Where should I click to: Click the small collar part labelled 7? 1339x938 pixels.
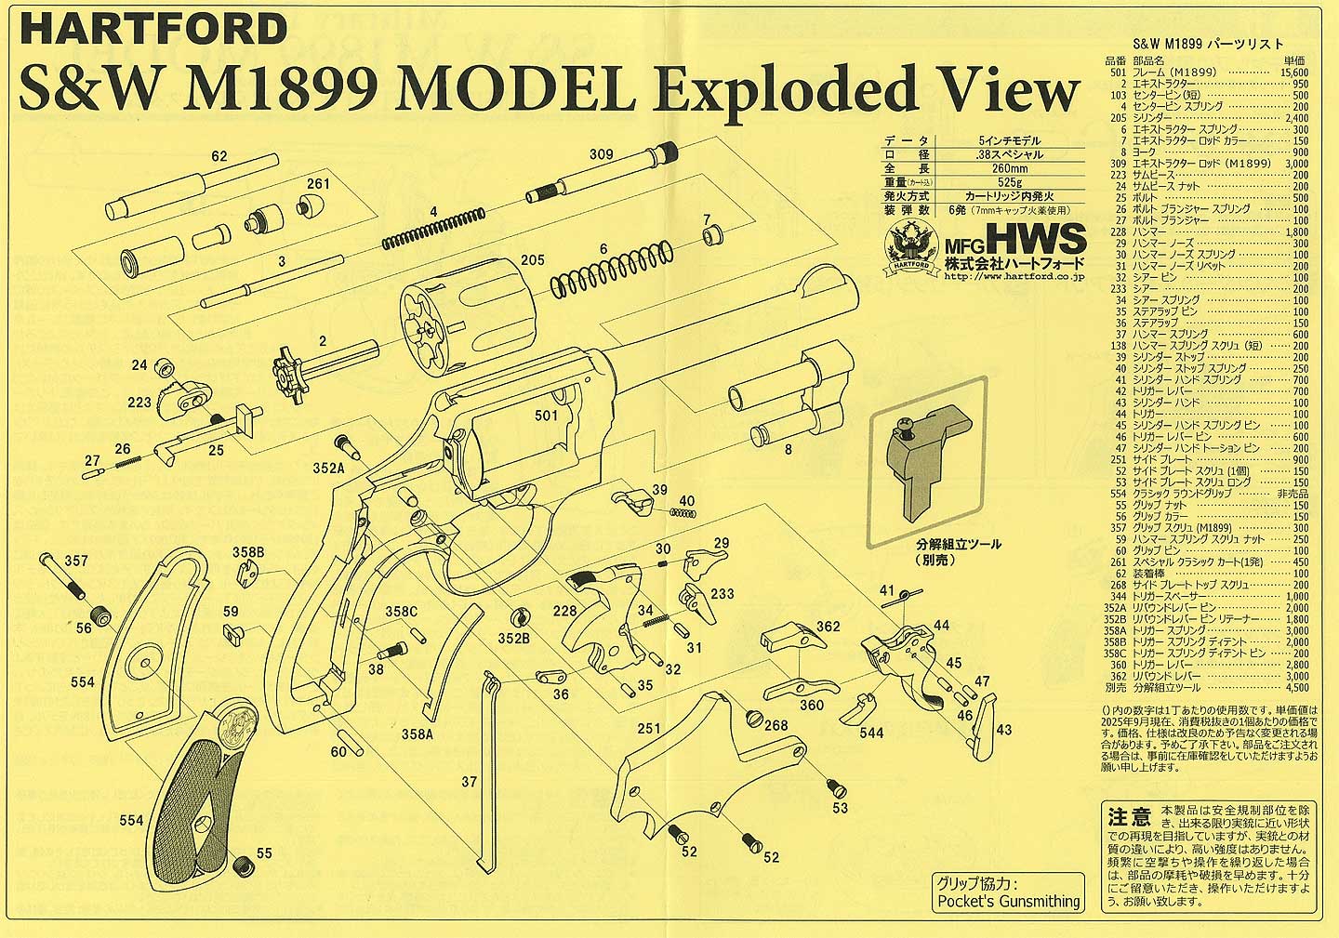point(712,235)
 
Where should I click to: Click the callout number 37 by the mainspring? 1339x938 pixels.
point(470,783)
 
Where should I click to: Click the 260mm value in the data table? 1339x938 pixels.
point(1009,169)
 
